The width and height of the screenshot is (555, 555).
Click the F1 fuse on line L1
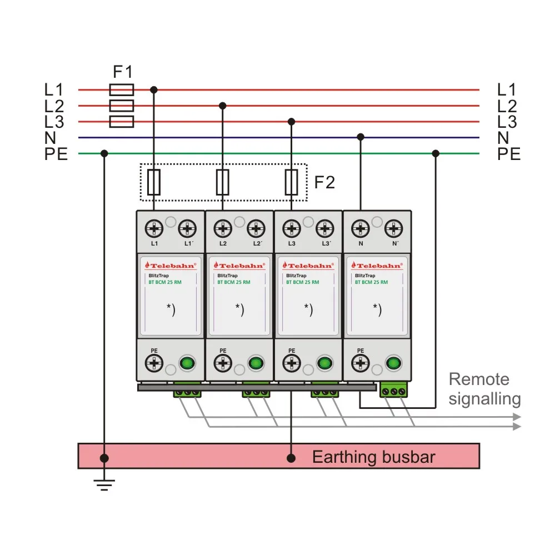(122, 90)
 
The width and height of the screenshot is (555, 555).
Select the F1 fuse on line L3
(122, 122)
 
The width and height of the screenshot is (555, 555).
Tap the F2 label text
(324, 182)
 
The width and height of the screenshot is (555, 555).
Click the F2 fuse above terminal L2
(223, 182)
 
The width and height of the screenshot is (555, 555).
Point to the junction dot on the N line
(361, 137)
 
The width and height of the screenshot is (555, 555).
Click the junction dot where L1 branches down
(154, 90)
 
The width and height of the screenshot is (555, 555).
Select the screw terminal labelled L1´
(187, 228)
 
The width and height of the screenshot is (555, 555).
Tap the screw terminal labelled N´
(393, 228)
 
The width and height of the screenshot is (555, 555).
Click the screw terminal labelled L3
(292, 228)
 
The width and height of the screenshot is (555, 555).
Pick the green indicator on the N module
(393, 363)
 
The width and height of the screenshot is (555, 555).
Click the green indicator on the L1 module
(187, 363)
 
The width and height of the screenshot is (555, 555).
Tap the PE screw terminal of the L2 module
(223, 363)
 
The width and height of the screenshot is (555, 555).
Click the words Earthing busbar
(373, 457)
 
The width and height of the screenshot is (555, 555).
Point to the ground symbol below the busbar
(104, 485)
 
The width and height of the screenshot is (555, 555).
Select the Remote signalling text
(484, 389)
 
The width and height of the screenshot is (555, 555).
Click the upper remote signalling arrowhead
(517, 417)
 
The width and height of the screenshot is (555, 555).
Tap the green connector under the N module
(393, 389)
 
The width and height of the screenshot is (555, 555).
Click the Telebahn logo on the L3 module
(308, 266)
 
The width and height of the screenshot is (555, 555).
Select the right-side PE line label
(509, 154)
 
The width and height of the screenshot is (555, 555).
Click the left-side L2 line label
(54, 106)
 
